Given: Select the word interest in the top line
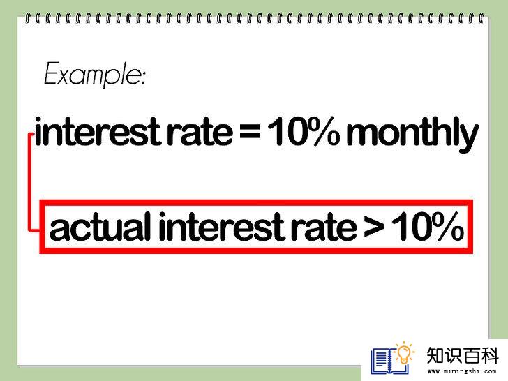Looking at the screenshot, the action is [x=98, y=132].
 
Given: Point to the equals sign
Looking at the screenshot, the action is [x=250, y=133].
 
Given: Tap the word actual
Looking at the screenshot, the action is [x=100, y=226].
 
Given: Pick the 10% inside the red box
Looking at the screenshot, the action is [x=428, y=226].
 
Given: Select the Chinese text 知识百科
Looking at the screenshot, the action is [x=463, y=355].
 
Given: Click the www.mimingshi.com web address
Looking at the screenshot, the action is [x=462, y=371].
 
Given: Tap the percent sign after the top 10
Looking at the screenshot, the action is [x=322, y=131].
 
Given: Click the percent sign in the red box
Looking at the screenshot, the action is [x=446, y=226].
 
